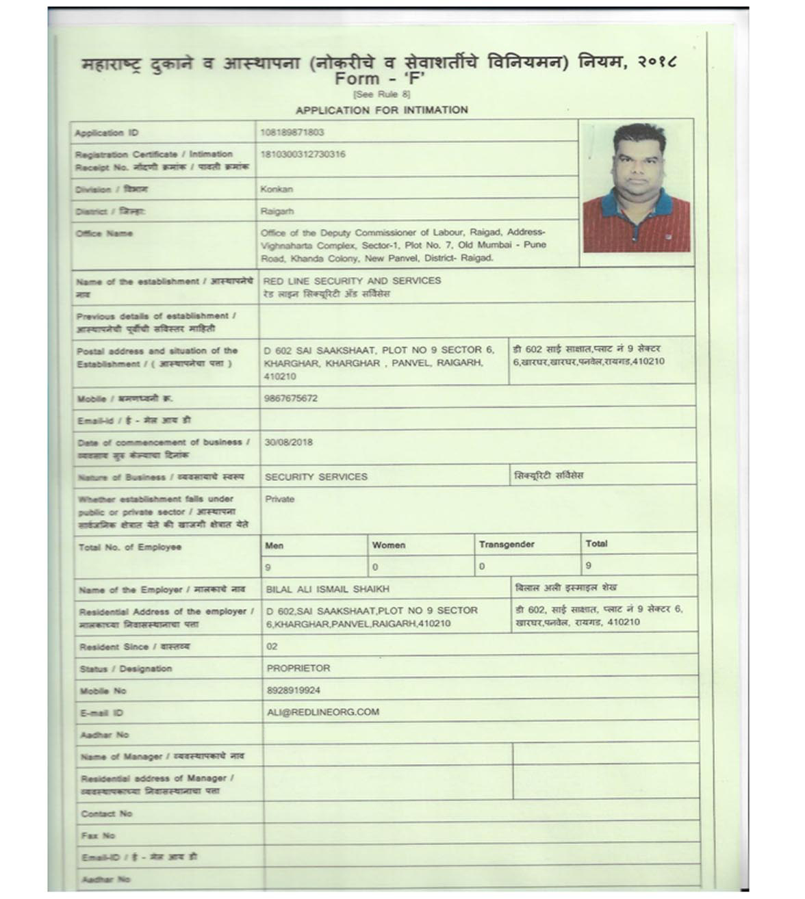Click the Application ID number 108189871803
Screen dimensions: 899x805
click(x=292, y=132)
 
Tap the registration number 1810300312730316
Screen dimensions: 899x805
click(x=303, y=155)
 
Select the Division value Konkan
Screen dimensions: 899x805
click(x=277, y=189)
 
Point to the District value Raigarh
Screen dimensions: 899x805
click(x=277, y=211)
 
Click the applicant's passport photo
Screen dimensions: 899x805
click(x=636, y=189)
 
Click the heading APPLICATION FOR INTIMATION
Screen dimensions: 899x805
click(x=381, y=110)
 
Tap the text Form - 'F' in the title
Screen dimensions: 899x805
click(x=380, y=79)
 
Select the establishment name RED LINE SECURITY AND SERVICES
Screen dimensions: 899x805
click(x=352, y=281)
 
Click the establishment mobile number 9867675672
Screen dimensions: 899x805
click(x=291, y=398)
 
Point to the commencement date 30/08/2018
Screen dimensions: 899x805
click(x=289, y=442)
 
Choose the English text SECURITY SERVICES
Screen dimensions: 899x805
click(x=316, y=477)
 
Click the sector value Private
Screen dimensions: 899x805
click(x=279, y=499)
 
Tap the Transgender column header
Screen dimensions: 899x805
click(x=507, y=545)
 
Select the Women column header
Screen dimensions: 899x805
click(x=389, y=545)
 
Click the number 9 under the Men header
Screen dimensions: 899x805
click(x=268, y=567)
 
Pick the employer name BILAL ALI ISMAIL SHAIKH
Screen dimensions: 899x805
click(x=327, y=589)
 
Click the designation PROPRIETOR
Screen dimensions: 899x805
click(x=298, y=668)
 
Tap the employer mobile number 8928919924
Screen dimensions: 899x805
click(x=294, y=690)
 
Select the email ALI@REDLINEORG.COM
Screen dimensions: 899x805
click(x=323, y=712)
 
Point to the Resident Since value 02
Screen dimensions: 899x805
click(x=272, y=647)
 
